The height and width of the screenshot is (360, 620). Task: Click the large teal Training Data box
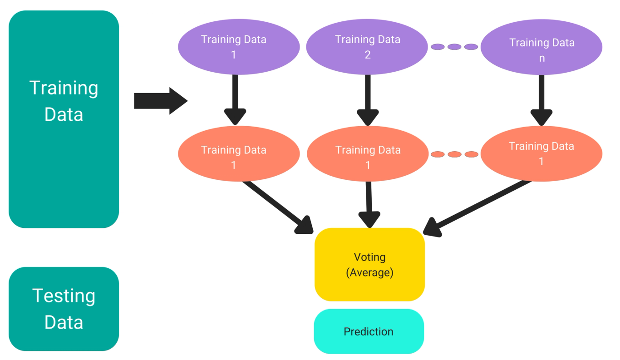click(64, 119)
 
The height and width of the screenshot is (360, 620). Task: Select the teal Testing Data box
click(64, 309)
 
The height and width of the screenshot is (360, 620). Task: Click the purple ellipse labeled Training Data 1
click(238, 47)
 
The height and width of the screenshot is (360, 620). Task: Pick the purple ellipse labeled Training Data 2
click(367, 47)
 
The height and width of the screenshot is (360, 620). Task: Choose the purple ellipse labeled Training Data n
click(541, 47)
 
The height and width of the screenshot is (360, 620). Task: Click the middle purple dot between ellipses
click(454, 47)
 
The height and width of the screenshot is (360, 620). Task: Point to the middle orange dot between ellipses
click(454, 154)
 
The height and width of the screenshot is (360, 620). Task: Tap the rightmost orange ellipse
click(541, 154)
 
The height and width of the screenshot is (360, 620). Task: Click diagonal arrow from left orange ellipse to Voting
click(277, 207)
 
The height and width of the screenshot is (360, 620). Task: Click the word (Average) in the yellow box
click(369, 273)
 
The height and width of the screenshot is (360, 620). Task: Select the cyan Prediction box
click(369, 331)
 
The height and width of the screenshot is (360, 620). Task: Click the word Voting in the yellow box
click(369, 257)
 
